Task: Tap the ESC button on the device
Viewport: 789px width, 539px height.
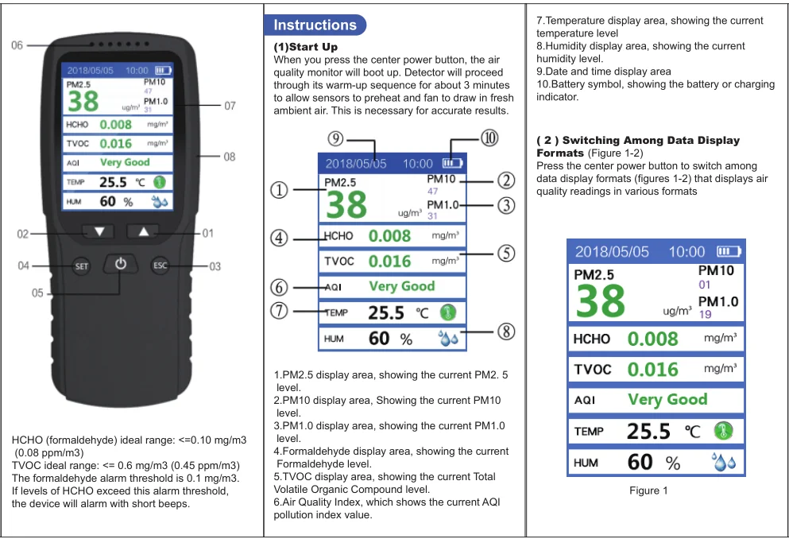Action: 161,266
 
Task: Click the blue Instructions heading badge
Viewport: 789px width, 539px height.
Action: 315,25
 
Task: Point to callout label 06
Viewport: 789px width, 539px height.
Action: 17,45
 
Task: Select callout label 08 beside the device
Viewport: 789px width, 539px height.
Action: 229,157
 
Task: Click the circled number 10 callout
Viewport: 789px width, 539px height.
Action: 489,138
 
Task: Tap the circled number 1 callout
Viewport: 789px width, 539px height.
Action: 280,190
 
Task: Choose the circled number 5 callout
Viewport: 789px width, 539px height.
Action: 505,253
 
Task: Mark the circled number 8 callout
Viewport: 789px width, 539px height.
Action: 505,332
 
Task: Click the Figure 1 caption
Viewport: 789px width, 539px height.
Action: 648,491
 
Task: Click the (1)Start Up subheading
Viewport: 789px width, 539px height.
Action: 305,48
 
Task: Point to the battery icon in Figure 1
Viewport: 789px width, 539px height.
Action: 729,252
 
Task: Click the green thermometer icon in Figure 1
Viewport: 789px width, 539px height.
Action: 723,431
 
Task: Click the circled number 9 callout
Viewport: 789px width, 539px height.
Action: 336,139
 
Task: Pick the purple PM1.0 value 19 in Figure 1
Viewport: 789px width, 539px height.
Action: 705,315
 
